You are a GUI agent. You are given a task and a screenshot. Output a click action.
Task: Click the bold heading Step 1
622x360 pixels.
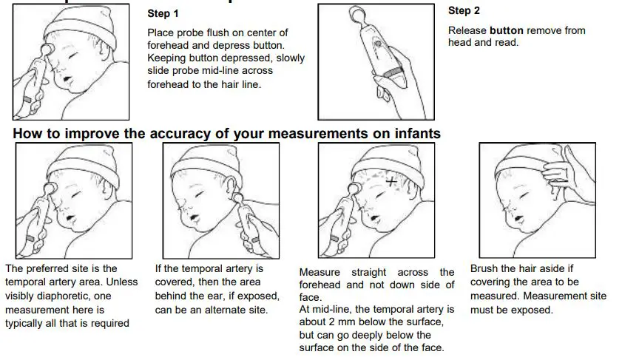tap(163, 13)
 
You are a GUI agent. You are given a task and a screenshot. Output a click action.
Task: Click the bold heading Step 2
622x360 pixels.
tap(464, 11)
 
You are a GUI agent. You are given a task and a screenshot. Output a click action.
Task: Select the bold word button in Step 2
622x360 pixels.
tap(507, 30)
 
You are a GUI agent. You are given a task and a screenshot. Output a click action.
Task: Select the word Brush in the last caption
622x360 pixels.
tap(484, 268)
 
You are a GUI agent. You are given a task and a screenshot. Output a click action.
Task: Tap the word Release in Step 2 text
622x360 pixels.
tap(467, 30)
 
